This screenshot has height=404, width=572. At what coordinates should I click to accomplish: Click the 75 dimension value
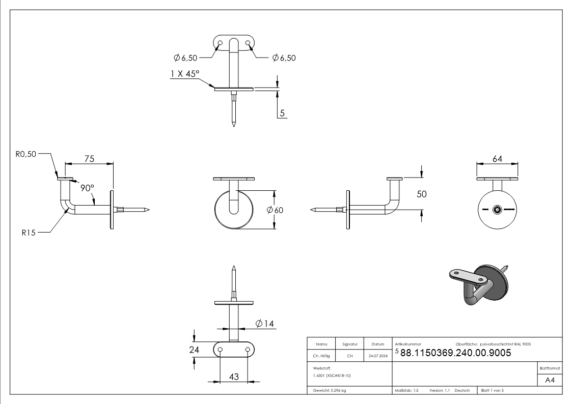click(x=89, y=159)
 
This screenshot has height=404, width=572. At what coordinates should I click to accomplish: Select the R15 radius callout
click(x=29, y=233)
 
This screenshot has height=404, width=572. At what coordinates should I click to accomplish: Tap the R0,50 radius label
click(x=26, y=154)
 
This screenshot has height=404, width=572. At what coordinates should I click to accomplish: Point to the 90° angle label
click(x=87, y=188)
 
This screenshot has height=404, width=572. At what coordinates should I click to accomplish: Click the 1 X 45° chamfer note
click(x=185, y=74)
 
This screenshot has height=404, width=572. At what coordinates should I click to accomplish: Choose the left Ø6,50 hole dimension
click(x=185, y=58)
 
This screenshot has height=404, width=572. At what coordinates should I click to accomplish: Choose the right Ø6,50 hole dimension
click(x=284, y=58)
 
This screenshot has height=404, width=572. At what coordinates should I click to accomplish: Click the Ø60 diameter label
click(x=275, y=210)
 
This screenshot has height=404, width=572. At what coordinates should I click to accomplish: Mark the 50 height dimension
click(x=422, y=194)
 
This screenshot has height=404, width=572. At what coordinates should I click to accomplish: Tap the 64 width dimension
click(x=497, y=159)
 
